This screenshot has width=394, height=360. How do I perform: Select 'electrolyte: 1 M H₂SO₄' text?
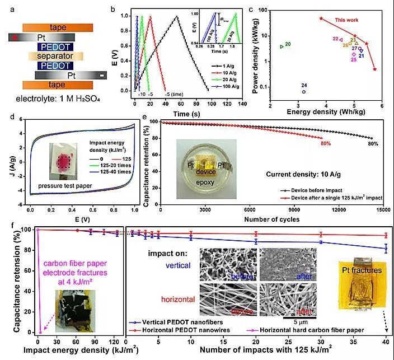pos(50,100)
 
